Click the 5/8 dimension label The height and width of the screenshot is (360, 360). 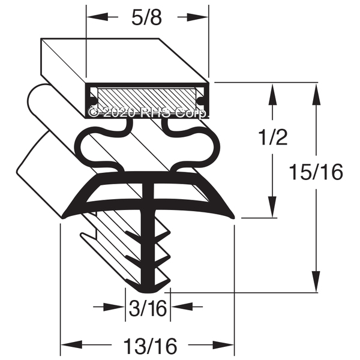147,17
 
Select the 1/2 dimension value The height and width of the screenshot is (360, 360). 273,137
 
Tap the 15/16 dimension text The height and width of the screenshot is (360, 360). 316,172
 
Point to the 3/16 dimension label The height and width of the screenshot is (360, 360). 148,308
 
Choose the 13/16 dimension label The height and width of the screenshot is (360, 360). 151,346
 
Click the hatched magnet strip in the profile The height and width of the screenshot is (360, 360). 147,98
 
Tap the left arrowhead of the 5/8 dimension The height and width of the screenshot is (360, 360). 97,17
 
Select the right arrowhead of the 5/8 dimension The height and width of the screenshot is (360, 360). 197,17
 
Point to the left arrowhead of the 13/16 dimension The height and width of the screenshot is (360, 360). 71,345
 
